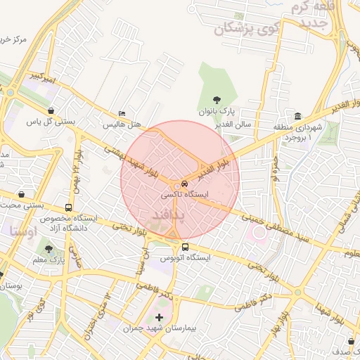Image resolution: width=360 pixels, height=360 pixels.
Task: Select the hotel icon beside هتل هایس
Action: tap(123, 114)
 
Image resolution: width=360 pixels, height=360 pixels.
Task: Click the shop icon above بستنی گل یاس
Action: tap(51, 110)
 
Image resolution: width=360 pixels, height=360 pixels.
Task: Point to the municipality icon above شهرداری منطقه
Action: tap(298, 116)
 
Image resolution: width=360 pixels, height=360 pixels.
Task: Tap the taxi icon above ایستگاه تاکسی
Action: tap(185, 182)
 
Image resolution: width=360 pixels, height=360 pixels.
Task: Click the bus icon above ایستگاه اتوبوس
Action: tap(186, 247)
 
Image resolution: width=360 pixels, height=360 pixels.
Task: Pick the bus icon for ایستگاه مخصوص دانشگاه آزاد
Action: tap(68, 207)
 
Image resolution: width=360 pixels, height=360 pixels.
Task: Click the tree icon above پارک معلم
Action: tap(49, 249)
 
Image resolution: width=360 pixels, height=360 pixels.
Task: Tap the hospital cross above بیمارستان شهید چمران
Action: tap(159, 318)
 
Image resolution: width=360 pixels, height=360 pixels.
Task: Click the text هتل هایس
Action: tap(122, 124)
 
